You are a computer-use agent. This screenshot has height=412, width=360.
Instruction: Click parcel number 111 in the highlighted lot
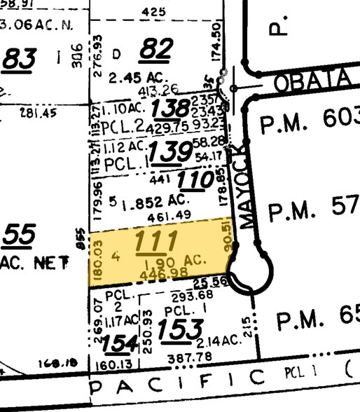[x=155, y=242]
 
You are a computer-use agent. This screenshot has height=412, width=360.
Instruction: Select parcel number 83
[x=19, y=60]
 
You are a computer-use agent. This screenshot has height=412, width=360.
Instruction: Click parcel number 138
[x=171, y=109]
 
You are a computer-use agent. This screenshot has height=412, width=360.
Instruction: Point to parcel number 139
[x=171, y=150]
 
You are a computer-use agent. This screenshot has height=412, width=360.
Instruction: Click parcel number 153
[x=182, y=328]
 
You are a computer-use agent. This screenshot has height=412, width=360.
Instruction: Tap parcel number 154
[x=118, y=344]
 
